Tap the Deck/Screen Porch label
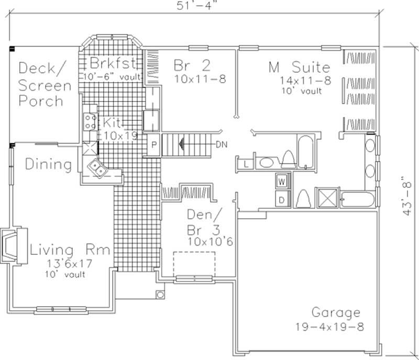click(x=45, y=84)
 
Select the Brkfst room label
click(x=112, y=64)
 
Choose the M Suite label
click(x=299, y=67)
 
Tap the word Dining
click(x=48, y=165)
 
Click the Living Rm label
click(x=70, y=250)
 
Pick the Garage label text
click(x=336, y=313)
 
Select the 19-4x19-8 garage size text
click(x=329, y=327)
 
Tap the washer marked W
click(x=282, y=182)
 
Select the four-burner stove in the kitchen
click(x=90, y=122)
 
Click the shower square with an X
click(x=328, y=199)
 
